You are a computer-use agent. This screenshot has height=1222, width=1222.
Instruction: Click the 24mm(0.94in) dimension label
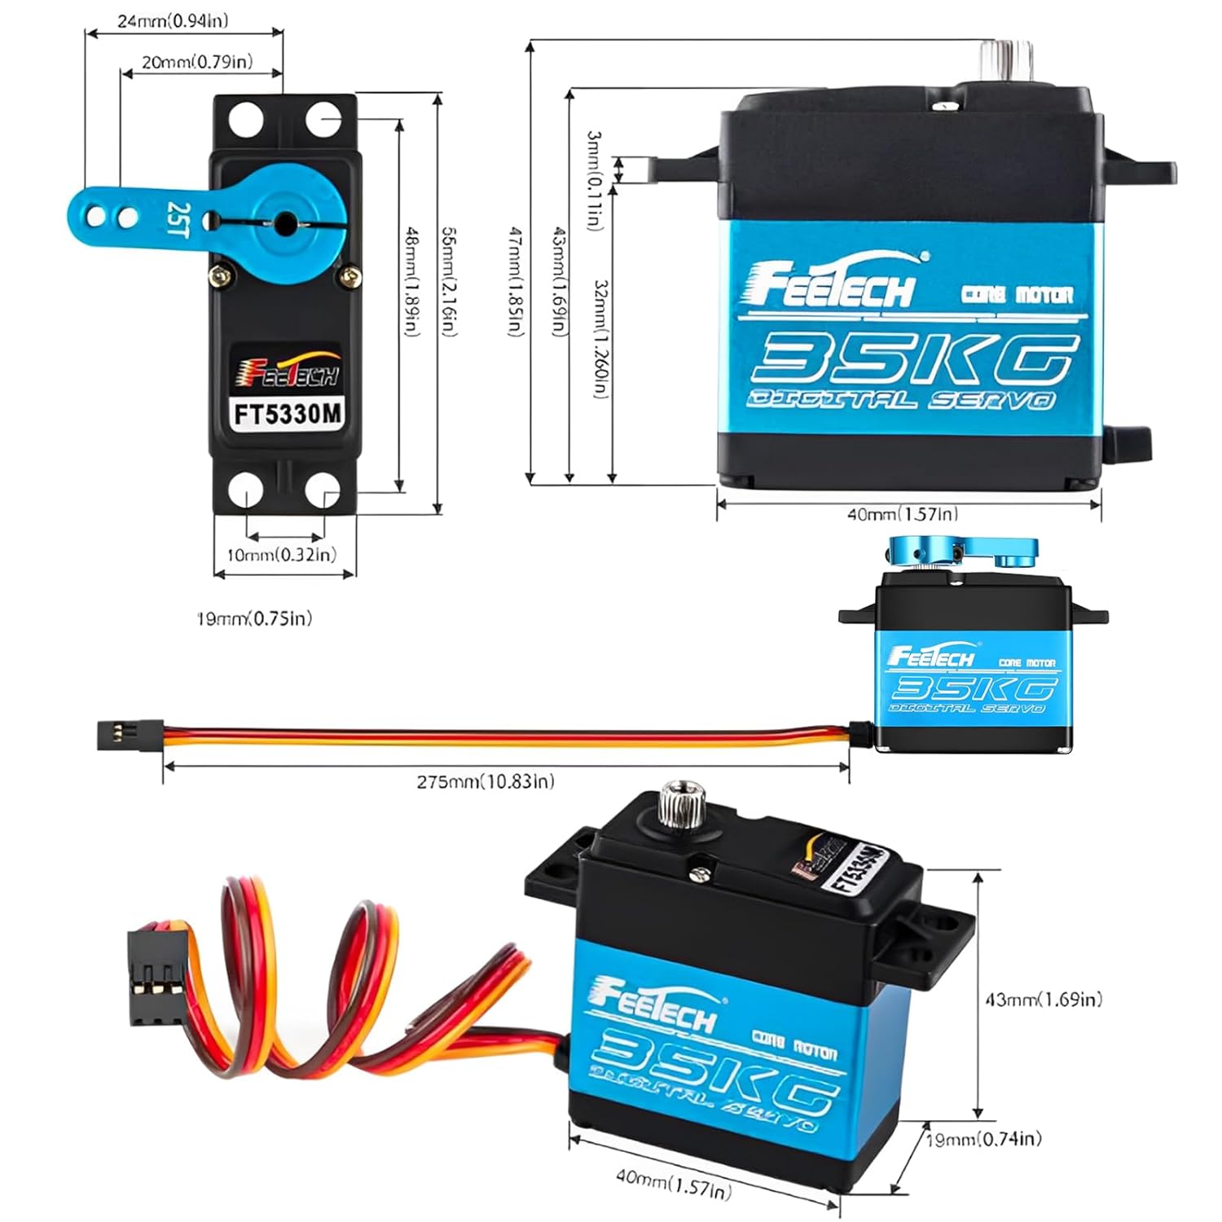[173, 20]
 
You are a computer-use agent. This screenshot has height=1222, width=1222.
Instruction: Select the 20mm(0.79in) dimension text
[196, 62]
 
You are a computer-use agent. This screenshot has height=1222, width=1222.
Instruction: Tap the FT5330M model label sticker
[287, 415]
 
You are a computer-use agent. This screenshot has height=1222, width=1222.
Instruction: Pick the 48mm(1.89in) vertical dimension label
[412, 281]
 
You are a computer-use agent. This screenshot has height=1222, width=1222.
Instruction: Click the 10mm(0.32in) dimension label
[281, 555]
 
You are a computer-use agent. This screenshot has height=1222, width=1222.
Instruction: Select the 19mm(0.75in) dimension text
[254, 618]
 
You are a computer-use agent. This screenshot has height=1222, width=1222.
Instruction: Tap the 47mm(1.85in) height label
[516, 281]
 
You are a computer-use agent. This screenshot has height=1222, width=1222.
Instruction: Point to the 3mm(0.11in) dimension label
[595, 179]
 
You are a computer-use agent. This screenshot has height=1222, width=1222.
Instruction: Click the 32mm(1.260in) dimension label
[601, 338]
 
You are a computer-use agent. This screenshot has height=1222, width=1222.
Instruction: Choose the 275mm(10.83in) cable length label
[486, 781]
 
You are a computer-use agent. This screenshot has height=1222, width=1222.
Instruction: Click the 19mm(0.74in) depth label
[984, 1139]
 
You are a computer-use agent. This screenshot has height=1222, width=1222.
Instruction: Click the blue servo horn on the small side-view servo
[961, 552]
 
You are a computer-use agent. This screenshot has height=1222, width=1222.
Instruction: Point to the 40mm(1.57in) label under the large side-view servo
[903, 514]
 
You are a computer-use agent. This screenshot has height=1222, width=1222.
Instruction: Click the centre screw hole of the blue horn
[286, 222]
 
